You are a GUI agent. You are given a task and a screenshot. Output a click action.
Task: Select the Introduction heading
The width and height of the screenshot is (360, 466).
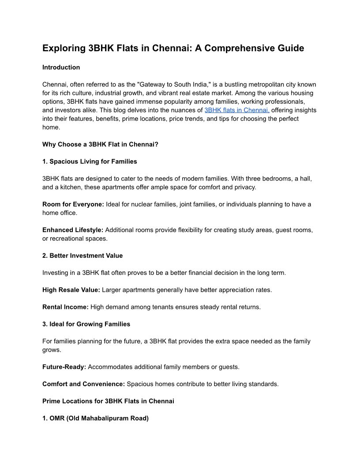[61, 68]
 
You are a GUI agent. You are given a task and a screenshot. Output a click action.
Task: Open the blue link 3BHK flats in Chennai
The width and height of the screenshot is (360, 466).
[237, 110]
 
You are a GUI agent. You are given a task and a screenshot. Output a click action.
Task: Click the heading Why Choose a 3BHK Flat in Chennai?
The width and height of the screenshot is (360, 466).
[100, 144]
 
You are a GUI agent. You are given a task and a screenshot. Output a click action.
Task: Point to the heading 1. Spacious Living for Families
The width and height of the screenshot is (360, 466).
[90, 162]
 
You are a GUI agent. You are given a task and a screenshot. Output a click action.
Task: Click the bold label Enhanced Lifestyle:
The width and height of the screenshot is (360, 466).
[73, 230]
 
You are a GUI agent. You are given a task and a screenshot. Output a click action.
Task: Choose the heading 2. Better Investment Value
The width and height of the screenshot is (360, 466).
[82, 256]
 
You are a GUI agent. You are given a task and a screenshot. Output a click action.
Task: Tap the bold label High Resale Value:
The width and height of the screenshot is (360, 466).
[71, 290]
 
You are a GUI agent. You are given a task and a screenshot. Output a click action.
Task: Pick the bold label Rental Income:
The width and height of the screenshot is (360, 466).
[65, 307]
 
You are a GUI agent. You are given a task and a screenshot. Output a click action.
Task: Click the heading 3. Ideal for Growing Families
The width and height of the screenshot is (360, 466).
[86, 324]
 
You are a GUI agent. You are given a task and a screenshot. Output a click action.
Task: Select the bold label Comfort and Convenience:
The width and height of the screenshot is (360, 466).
[84, 384]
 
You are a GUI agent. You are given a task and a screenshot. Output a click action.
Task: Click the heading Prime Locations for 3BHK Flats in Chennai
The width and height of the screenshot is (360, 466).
[108, 401]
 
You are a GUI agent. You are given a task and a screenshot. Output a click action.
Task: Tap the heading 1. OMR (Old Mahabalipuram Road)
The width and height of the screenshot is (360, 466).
[95, 418]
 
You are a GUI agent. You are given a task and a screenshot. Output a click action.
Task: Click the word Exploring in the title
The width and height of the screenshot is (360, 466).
[61, 48]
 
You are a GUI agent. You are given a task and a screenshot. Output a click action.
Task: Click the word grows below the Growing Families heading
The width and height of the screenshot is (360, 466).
[51, 350]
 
